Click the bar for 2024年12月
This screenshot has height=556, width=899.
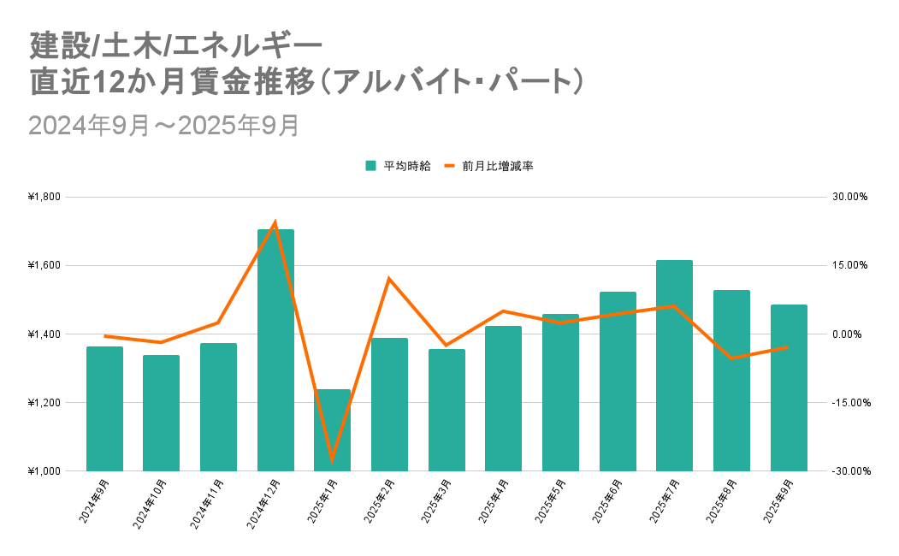[275, 351]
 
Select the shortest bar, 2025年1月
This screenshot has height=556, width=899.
[333, 430]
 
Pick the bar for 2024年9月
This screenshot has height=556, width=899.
[104, 409]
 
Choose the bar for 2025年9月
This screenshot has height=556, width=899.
[789, 387]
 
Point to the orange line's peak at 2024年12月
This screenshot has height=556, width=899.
[275, 222]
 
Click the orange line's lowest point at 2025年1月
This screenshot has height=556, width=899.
[332, 460]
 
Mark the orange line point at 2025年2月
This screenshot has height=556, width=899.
[389, 279]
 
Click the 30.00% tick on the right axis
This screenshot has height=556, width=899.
[850, 197]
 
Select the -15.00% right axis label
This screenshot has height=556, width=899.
[849, 403]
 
